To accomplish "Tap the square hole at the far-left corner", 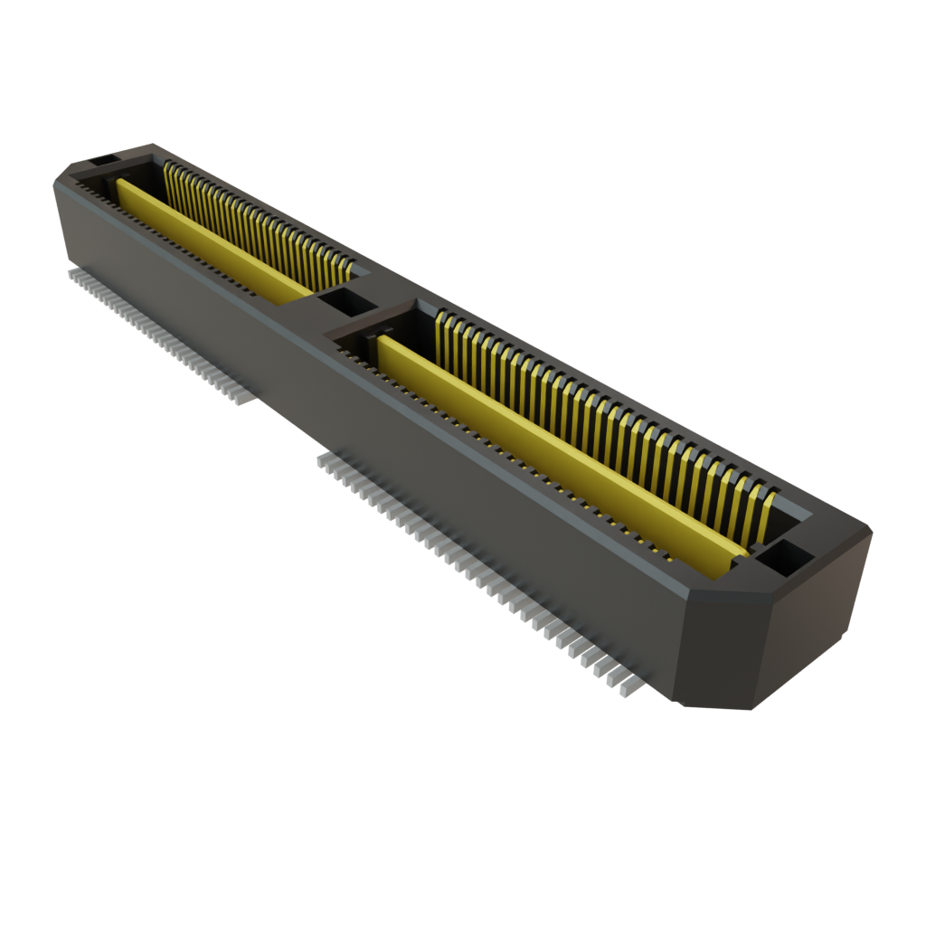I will tap(101, 160).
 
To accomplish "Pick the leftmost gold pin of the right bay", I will tap(441, 331).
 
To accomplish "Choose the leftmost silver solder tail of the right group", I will tap(322, 461).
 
